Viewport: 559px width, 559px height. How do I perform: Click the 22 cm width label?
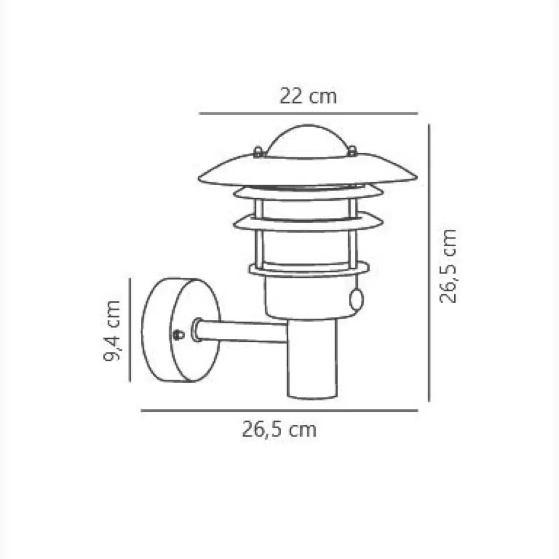click(x=308, y=97)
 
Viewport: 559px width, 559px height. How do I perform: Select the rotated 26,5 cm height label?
click(x=449, y=265)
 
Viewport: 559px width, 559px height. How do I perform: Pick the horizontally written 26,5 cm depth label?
click(x=279, y=430)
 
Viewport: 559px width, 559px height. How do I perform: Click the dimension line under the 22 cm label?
click(x=308, y=114)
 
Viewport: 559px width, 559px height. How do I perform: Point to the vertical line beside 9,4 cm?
click(x=130, y=330)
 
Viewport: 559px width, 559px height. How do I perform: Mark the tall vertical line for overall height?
click(x=430, y=263)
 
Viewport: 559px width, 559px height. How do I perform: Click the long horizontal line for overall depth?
click(x=279, y=411)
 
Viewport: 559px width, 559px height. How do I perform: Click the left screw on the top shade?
click(x=258, y=152)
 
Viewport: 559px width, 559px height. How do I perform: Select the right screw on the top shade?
click(x=352, y=149)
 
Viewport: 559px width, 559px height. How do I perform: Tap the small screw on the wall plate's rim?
click(x=178, y=334)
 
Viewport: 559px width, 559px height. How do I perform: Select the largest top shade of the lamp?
click(x=308, y=174)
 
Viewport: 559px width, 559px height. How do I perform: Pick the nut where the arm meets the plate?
click(x=196, y=331)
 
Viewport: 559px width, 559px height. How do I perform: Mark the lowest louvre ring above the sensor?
click(x=308, y=269)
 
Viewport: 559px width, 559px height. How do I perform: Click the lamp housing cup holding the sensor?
click(x=306, y=298)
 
